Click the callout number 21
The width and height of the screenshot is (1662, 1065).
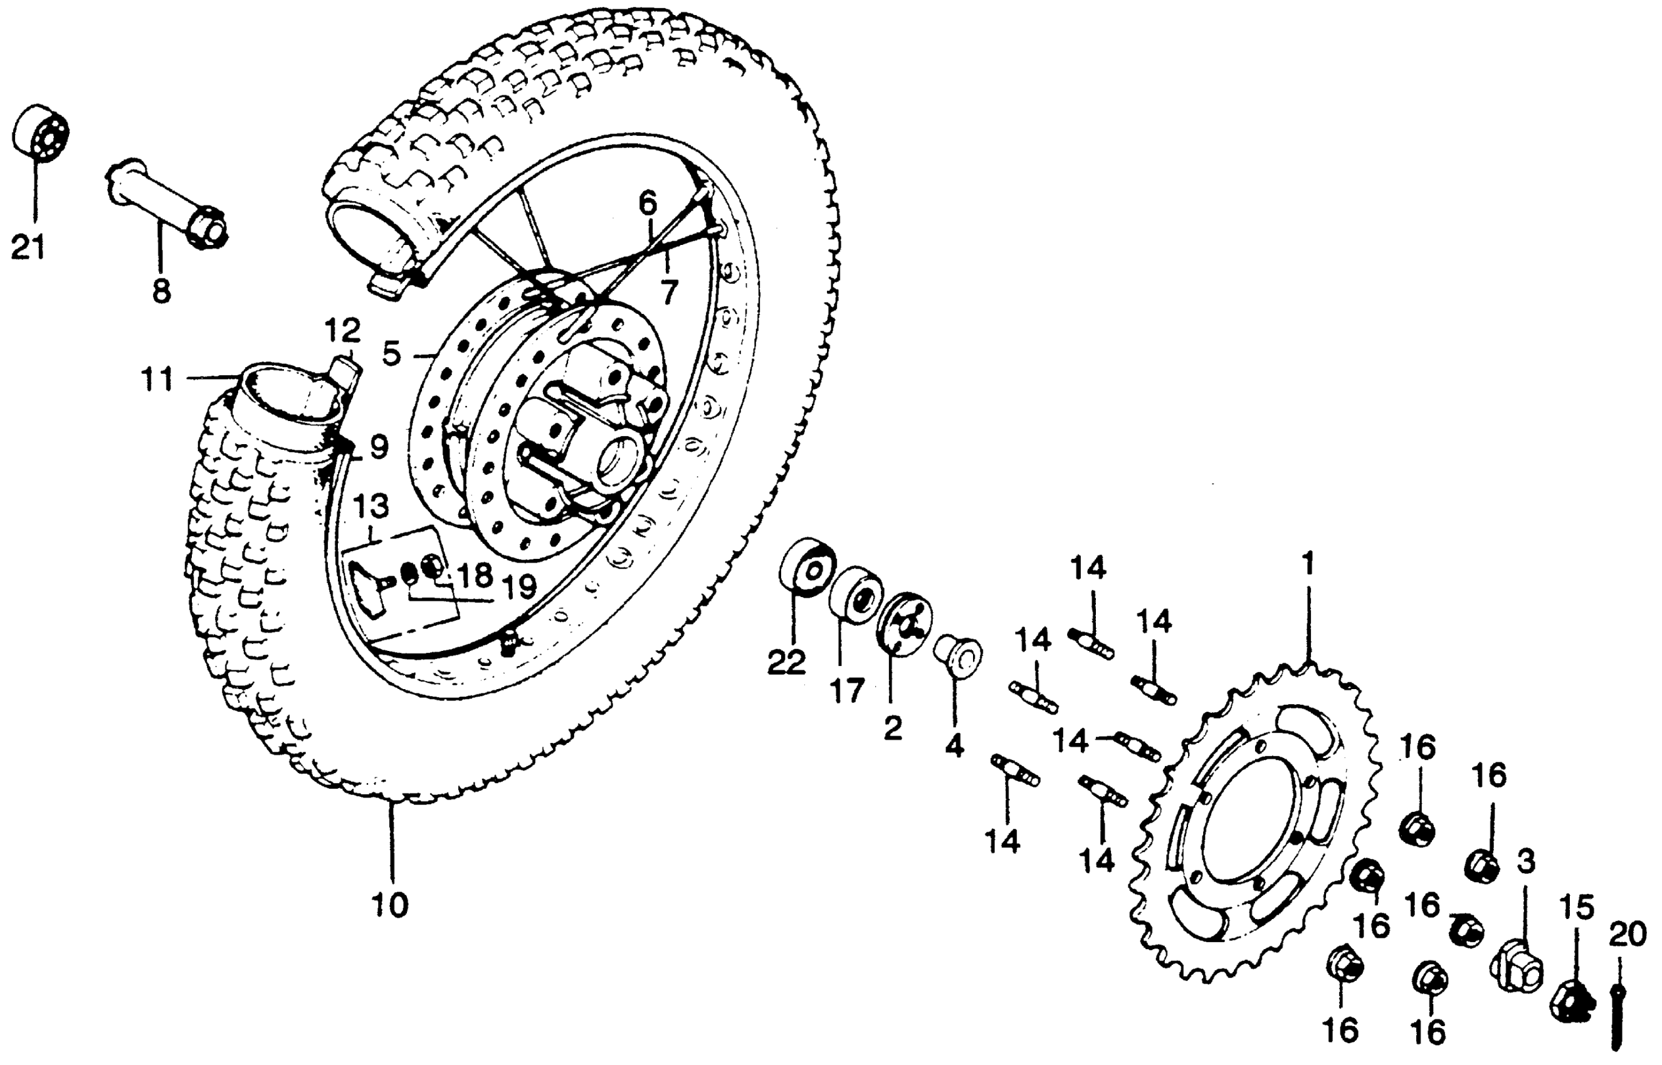[28, 247]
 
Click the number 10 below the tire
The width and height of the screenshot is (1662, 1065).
[389, 905]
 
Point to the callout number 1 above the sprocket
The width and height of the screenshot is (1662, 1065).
[1308, 564]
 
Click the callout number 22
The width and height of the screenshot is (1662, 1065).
[787, 662]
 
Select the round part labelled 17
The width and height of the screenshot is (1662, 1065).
[856, 595]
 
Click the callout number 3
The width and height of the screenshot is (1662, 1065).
[1527, 861]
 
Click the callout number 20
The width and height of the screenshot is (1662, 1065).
[1627, 936]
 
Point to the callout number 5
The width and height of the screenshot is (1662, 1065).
[392, 355]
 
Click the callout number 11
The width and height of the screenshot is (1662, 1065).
[157, 380]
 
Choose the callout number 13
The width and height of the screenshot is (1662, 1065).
[372, 507]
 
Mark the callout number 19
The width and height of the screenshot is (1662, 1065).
[518, 588]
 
